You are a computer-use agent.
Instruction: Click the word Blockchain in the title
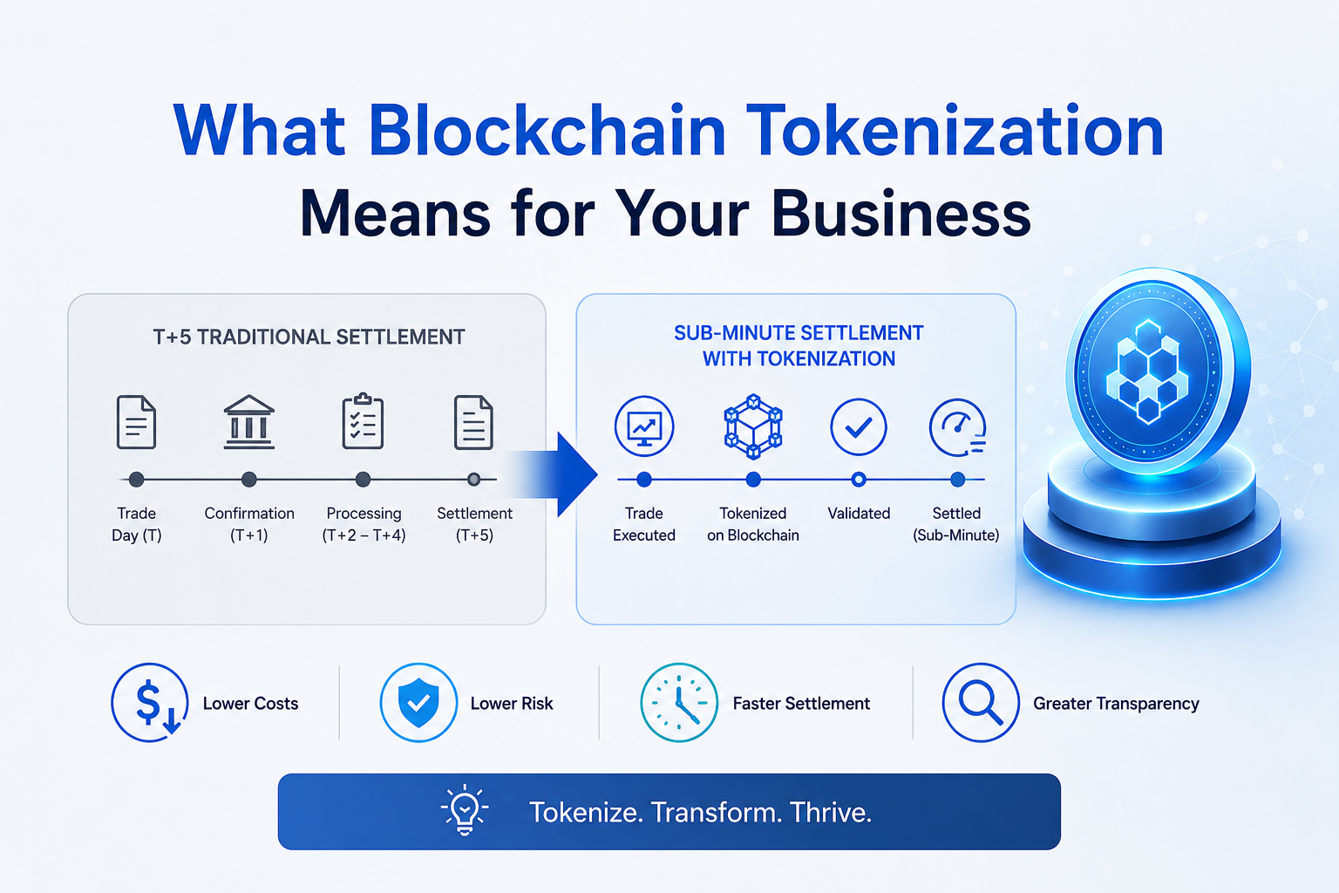coord(547,131)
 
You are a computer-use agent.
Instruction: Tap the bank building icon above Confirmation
coord(248,422)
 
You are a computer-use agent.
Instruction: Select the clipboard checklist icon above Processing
coord(363,420)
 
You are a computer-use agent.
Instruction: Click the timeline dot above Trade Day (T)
coord(136,479)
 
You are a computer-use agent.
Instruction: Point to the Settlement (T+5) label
coord(474,524)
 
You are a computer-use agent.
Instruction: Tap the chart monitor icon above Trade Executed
coord(644,426)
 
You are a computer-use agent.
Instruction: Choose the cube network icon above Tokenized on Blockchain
coord(753,426)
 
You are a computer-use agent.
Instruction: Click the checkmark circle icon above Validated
coord(859,426)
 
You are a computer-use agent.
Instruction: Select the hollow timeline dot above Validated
coord(859,479)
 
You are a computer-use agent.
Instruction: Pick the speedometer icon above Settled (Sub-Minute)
coord(958,427)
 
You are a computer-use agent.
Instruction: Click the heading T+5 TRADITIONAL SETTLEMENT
coord(309,337)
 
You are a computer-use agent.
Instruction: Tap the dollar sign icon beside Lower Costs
coord(149,702)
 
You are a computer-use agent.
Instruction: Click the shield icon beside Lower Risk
coord(418,702)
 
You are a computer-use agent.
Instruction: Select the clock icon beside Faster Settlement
coord(678,702)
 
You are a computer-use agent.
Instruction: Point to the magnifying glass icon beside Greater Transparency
coord(981,702)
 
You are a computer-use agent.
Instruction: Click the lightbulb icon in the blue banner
coord(465,810)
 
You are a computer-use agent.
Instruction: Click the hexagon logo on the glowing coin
coord(1147,372)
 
